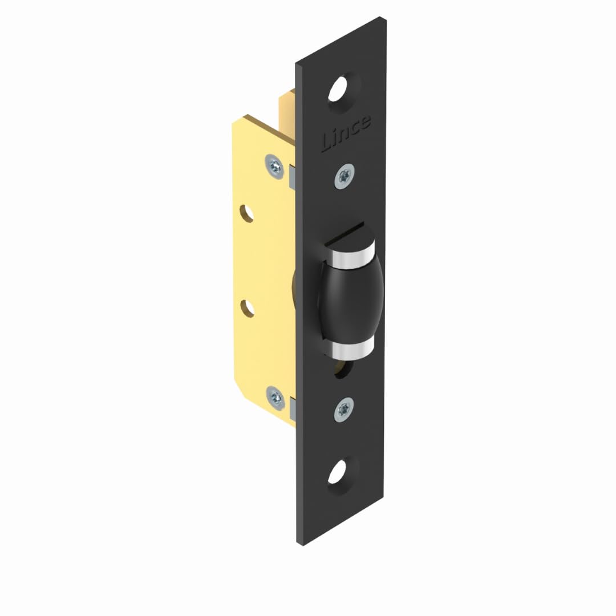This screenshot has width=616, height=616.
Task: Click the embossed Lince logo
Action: [346, 133]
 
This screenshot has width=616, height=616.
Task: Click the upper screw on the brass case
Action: [274, 165]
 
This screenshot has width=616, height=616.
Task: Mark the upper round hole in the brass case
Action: [247, 213]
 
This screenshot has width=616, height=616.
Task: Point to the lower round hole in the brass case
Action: [248, 307]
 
